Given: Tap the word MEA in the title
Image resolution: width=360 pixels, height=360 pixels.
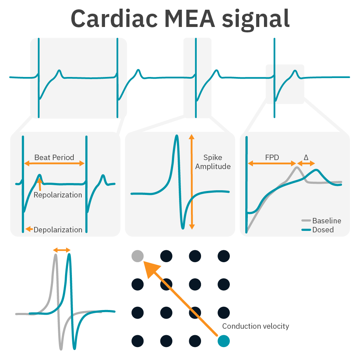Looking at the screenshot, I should click(192, 19).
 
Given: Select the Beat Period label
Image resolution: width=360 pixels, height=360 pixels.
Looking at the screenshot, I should click(54, 158).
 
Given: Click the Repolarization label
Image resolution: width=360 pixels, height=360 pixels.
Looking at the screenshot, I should click(58, 195).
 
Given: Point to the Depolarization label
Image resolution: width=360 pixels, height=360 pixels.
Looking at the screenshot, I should click(58, 230).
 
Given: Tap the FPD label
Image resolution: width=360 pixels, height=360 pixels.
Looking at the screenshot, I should click(272, 157).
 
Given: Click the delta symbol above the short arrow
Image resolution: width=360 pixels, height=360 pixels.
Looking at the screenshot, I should click(306, 157).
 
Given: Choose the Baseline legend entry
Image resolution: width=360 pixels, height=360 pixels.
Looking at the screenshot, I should click(327, 221).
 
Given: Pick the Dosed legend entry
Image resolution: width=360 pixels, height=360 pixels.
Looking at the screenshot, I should click(323, 229).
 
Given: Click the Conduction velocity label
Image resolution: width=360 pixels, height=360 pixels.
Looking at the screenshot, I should click(255, 326).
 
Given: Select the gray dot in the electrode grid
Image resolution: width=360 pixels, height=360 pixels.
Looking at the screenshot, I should click(137, 256).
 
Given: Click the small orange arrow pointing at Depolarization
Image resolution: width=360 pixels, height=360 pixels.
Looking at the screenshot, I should click(29, 229).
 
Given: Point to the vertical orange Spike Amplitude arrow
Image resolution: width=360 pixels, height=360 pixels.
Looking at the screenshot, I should click(192, 182).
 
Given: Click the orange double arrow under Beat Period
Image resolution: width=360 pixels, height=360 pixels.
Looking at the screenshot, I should click(54, 164).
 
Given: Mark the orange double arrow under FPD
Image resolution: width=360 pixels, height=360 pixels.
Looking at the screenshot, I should click(272, 163).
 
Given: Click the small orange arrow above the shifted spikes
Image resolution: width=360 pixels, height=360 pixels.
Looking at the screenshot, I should click(62, 250).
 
